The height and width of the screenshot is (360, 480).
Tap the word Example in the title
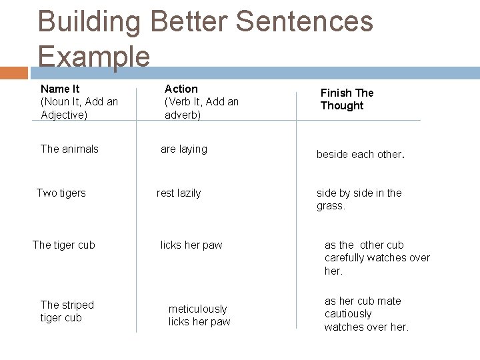point(94,56)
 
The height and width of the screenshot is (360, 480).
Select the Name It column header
point(60,89)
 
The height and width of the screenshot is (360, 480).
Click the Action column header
point(181,89)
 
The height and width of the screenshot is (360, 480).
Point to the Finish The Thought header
point(347,99)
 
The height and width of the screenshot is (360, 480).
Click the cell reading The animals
point(69,149)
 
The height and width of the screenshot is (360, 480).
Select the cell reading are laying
point(184,149)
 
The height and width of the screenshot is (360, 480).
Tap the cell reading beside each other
point(360,154)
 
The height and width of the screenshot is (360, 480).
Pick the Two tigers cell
point(61,193)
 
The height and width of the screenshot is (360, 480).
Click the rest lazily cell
point(179,193)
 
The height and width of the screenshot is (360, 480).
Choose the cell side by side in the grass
point(359,199)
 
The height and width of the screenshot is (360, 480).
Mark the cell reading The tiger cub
point(64,245)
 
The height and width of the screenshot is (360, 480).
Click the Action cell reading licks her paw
point(191,245)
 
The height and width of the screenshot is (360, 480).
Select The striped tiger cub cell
point(67,311)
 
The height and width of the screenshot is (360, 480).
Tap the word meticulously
point(197,309)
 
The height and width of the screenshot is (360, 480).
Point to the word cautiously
point(348,313)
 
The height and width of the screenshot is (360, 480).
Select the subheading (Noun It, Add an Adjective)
point(79,108)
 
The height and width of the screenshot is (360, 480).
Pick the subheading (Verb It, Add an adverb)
point(201,108)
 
